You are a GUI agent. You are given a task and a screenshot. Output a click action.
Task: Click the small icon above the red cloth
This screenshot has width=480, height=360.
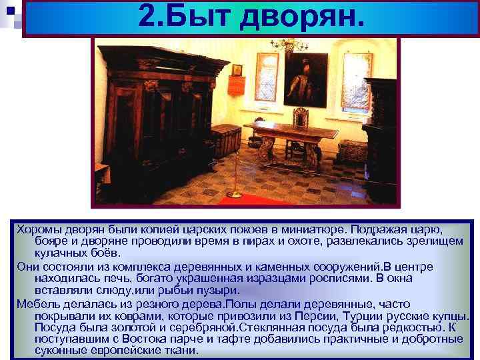point(237,69)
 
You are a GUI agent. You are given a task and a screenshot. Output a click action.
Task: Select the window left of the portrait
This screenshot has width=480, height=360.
point(266,77)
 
